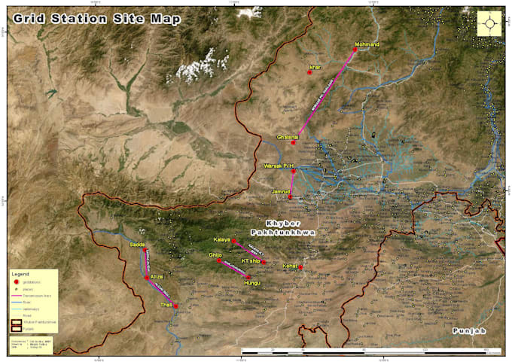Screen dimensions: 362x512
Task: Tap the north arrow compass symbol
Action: pyautogui.click(x=491, y=23)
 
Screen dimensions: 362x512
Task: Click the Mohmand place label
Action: pyautogui.click(x=367, y=44)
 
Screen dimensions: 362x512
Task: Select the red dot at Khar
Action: pyautogui.click(x=309, y=72)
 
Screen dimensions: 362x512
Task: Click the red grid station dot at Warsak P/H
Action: pyautogui.click(x=293, y=171)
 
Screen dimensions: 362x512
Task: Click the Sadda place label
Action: pyautogui.click(x=136, y=245)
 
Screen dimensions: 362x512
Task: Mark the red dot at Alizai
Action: pyautogui.click(x=147, y=278)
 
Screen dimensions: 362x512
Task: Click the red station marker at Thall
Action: pyautogui.click(x=175, y=306)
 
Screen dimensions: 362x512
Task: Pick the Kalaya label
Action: pyautogui.click(x=221, y=239)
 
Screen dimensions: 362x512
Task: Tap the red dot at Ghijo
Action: pyautogui.click(x=220, y=261)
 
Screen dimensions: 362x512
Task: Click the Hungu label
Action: pyautogui.click(x=252, y=283)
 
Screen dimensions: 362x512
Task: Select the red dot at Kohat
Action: pyautogui.click(x=301, y=268)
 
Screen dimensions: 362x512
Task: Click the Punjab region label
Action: pyautogui.click(x=467, y=331)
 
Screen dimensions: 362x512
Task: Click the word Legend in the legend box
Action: pyautogui.click(x=20, y=275)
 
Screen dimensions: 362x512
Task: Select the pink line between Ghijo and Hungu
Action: pyautogui.click(x=234, y=269)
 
